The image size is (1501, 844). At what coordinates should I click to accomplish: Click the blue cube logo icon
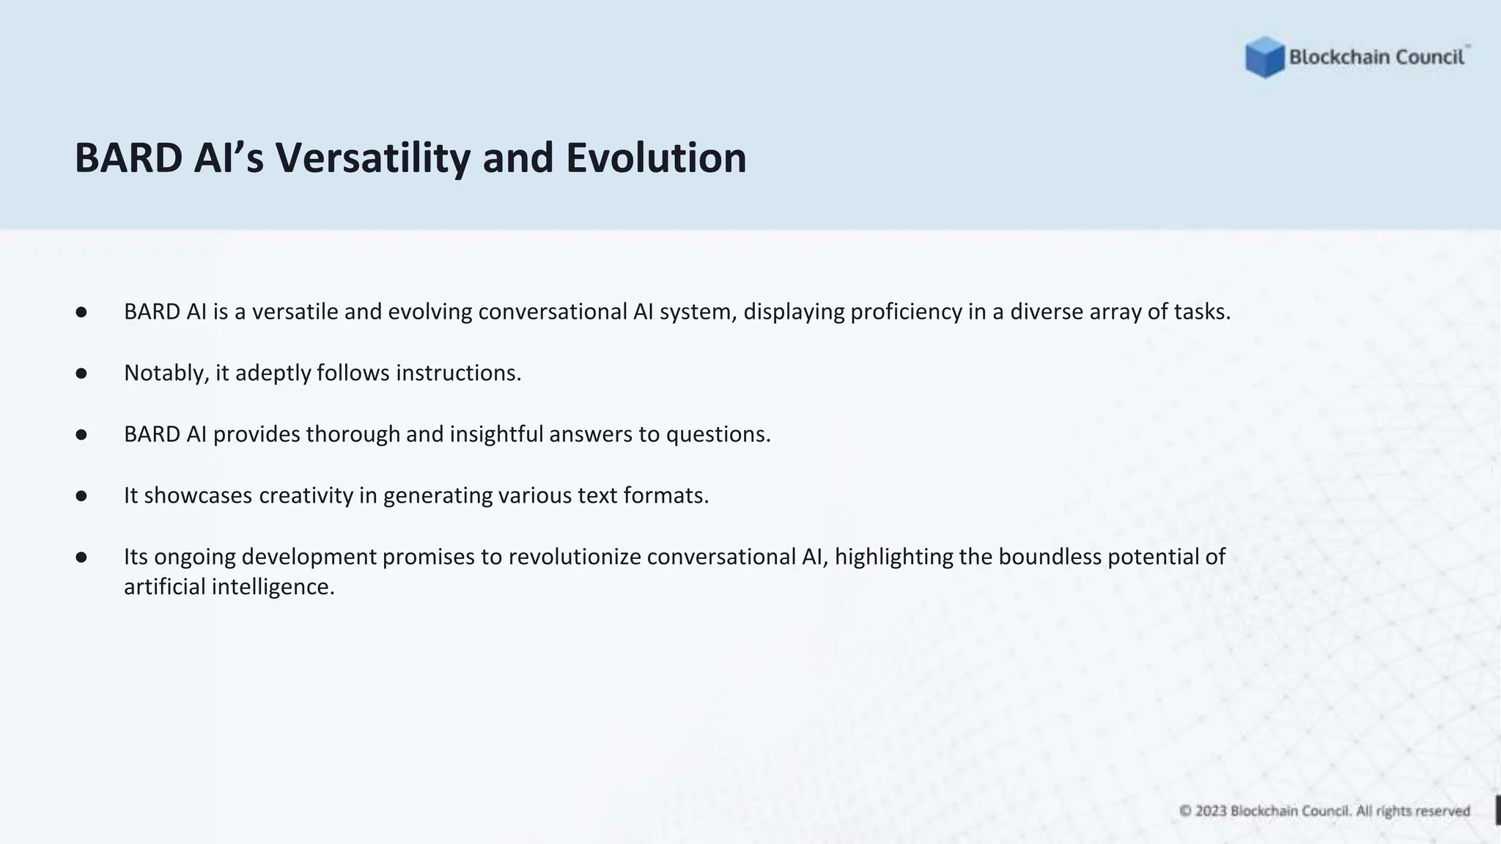point(1264,57)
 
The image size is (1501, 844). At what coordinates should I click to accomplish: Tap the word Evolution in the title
point(656,158)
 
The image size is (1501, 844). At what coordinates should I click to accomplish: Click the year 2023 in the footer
point(1211,811)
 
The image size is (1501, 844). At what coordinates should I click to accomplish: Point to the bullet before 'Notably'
point(81,374)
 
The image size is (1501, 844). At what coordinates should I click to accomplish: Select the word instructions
point(458,373)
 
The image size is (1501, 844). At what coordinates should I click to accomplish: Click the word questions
point(718,434)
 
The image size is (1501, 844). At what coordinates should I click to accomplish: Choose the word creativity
point(306,496)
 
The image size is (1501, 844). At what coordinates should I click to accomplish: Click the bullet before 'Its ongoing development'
point(81,558)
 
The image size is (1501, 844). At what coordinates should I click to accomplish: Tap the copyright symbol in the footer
point(1185,811)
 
